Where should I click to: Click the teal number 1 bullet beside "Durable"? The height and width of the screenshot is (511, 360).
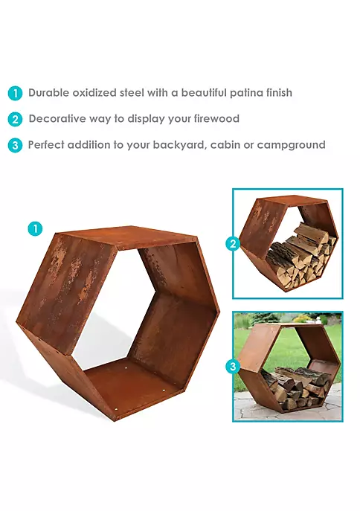click(15, 94)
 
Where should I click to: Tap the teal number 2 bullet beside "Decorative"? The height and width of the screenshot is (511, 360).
click(15, 119)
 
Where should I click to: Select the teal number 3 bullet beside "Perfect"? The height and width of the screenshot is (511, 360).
click(15, 145)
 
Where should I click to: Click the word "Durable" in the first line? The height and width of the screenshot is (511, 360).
click(49, 93)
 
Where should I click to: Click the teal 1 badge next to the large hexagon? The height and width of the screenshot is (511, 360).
click(35, 228)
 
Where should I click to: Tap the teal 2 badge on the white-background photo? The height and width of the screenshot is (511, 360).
click(233, 243)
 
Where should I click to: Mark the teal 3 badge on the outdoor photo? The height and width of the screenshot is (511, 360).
click(233, 366)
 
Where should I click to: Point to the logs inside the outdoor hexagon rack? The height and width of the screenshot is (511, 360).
click(295, 386)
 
